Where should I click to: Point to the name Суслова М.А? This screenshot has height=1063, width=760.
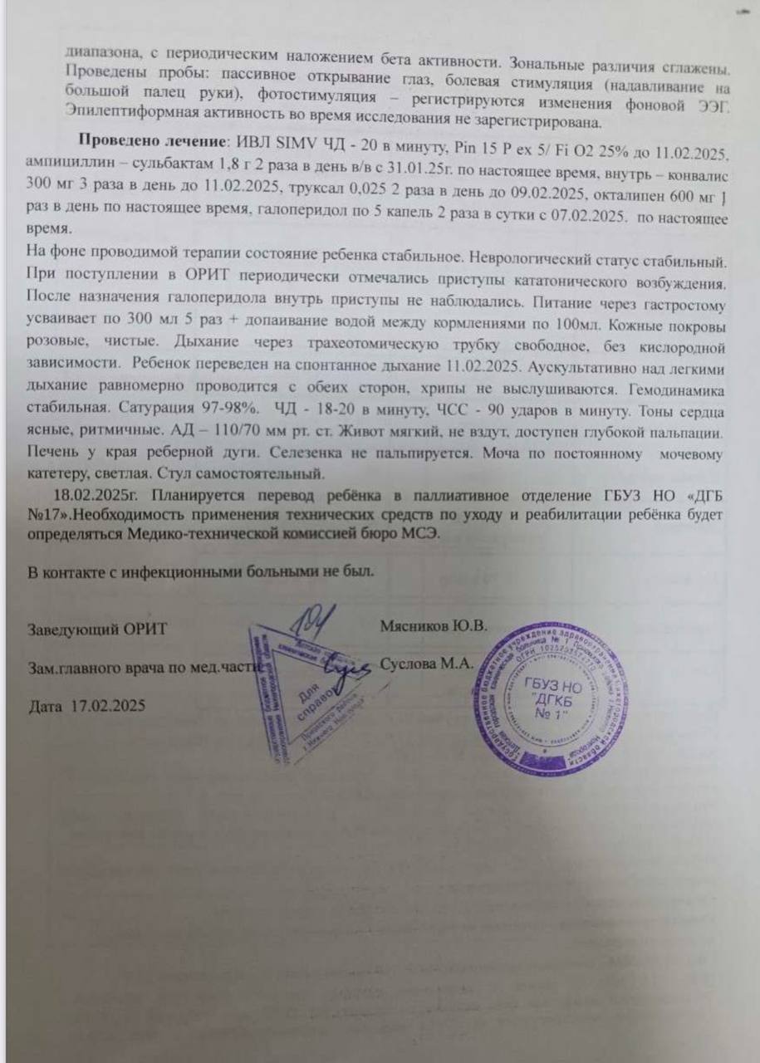pos(427,664)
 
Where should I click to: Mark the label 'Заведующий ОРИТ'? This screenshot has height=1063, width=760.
pos(97,628)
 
